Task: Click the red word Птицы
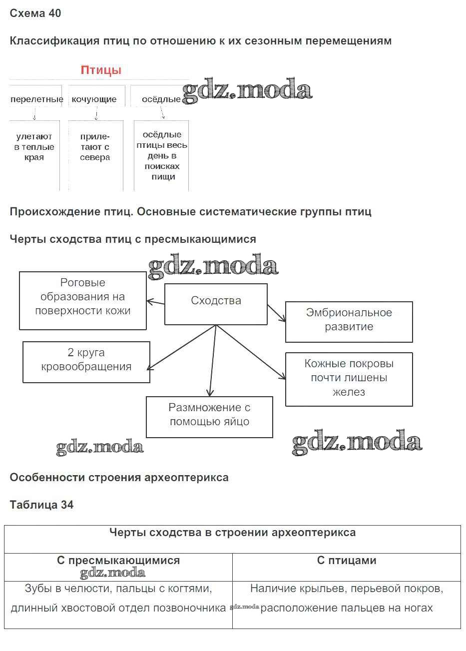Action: pos(101,70)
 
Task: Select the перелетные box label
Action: pos(36,99)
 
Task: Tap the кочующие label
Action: pos(94,99)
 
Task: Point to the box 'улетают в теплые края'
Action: pos(34,147)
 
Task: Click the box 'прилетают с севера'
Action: pos(95,147)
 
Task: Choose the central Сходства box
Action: pos(216,301)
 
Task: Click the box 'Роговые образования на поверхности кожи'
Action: pos(83,297)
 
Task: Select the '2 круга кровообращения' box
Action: pos(86,360)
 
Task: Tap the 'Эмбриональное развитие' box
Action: pos(349,320)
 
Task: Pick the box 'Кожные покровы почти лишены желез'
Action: pos(349,378)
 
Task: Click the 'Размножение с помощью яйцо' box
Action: pos(209,415)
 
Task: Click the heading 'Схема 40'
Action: pos(35,13)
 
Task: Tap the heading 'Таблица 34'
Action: pos(41,505)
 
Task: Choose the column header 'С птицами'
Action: pos(347,561)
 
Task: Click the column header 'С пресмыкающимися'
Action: pos(118,561)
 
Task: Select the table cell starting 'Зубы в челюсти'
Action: pos(118,599)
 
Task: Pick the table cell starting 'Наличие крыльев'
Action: pos(347,599)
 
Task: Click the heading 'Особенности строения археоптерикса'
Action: pos(119,477)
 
